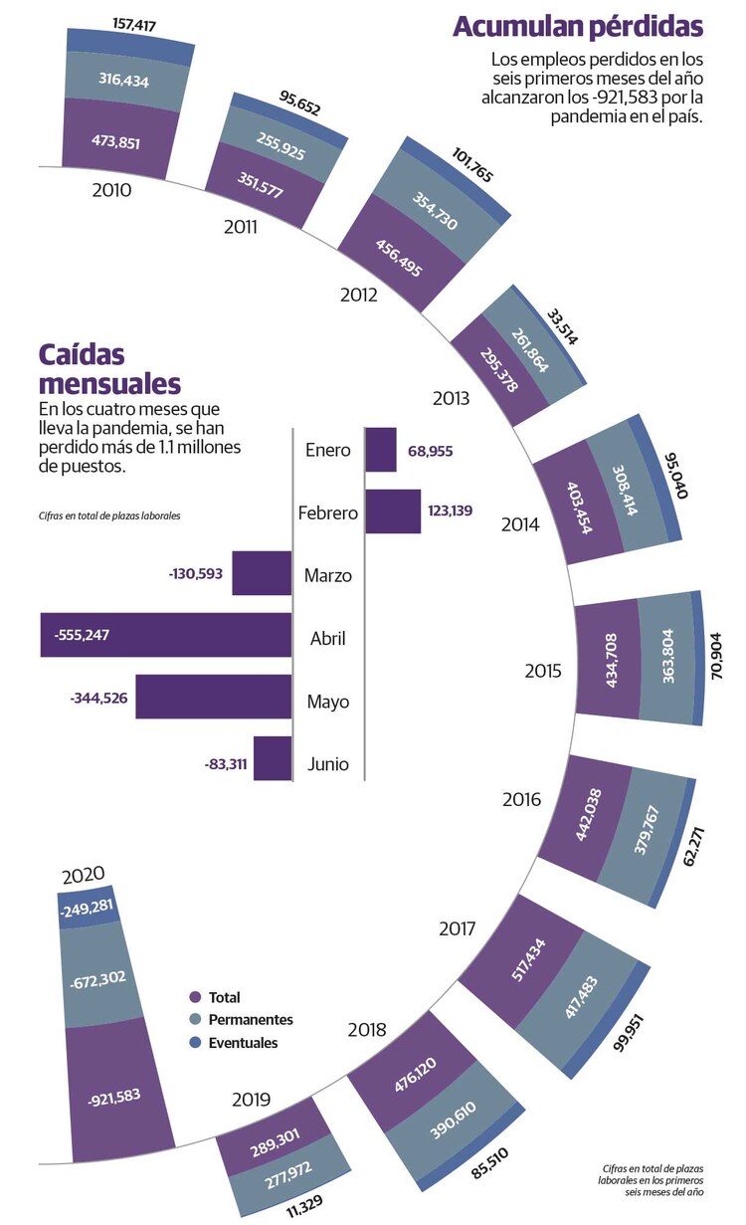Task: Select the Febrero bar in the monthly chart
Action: tap(393, 511)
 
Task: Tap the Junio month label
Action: tap(327, 764)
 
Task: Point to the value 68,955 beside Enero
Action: tap(430, 451)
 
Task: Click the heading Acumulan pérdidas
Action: tap(578, 26)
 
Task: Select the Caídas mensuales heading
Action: tap(109, 369)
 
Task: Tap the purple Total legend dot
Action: tap(195, 997)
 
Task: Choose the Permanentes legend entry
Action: tap(250, 1020)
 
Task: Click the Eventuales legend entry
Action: tap(243, 1043)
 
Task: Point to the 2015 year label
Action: tap(543, 671)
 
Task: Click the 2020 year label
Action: tap(83, 876)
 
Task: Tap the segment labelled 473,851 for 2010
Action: tap(114, 141)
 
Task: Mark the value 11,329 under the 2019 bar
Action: tap(305, 1209)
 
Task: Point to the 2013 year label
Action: tap(451, 398)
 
